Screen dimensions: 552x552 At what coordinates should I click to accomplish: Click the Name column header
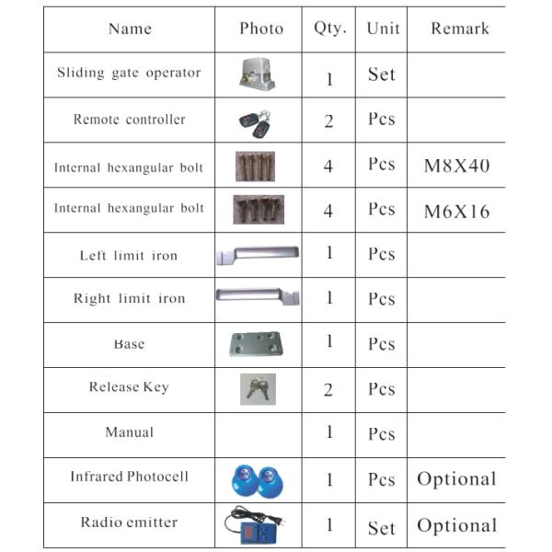coord(130,29)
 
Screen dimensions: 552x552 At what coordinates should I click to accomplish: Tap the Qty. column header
coord(329,29)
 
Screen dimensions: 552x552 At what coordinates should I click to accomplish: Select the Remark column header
coord(459,29)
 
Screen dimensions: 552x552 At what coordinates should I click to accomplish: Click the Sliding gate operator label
coord(129,73)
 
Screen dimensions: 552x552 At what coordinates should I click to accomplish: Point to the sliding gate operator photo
coord(258,75)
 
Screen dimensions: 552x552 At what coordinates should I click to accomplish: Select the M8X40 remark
coord(456,167)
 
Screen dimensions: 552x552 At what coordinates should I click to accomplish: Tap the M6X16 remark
coord(456,212)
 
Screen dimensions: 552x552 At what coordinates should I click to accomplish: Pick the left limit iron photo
coord(258,254)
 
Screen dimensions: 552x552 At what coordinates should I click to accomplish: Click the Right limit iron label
coord(129,299)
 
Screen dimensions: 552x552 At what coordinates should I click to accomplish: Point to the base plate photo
coord(256,344)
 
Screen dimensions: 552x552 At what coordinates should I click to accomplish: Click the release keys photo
coord(256,388)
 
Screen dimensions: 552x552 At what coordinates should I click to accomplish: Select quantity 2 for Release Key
coord(328,390)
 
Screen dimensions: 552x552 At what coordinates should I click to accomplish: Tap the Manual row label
coord(130,432)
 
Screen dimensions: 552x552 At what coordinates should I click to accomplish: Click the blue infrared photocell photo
coord(257,479)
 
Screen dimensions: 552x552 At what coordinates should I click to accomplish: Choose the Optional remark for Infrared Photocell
coord(456,479)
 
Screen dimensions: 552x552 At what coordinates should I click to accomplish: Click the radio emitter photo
coord(257,524)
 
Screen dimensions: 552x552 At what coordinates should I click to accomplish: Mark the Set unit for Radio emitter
coord(381,528)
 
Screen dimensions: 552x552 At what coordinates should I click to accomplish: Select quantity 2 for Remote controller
coord(328,121)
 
